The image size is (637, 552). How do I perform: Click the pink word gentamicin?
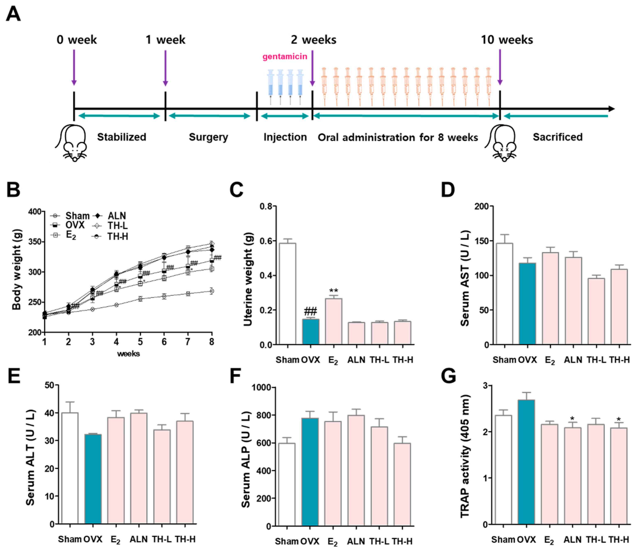coord(284,57)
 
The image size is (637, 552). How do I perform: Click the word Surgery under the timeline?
coord(208,137)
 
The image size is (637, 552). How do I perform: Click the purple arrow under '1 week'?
coord(165,68)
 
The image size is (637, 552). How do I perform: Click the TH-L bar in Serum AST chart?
coord(596,311)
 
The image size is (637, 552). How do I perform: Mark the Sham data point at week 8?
coord(212,291)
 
